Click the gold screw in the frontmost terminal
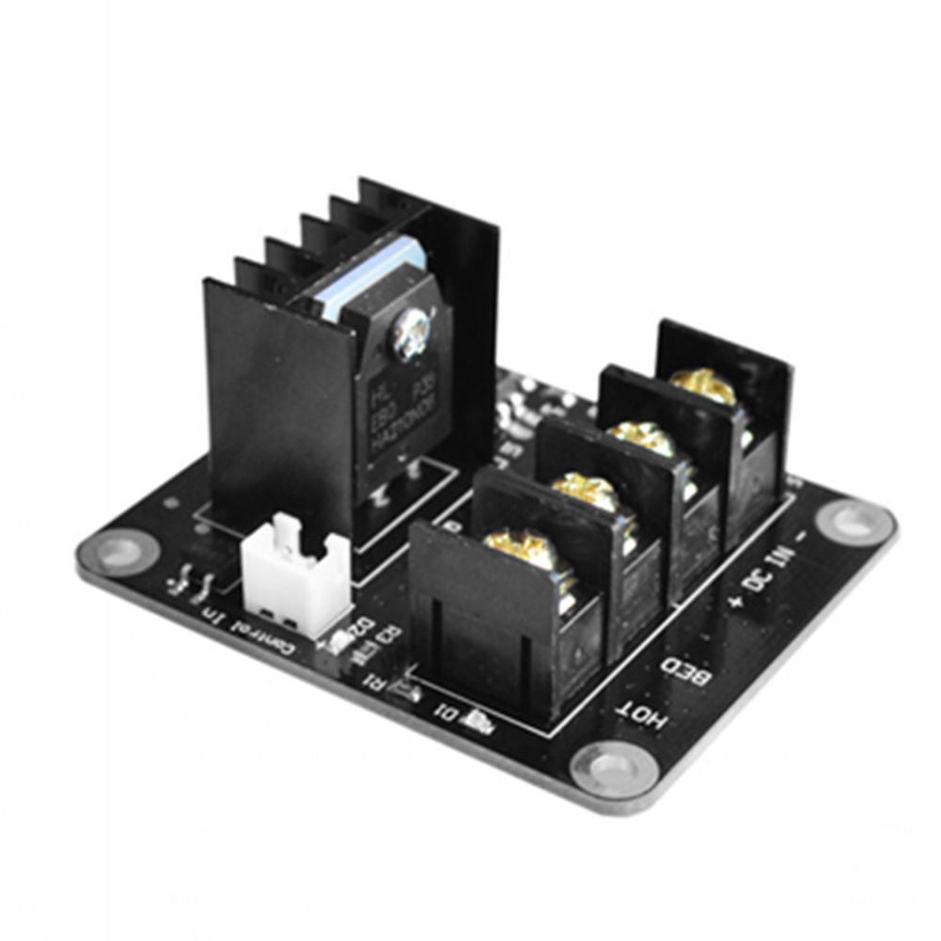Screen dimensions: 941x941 pyautogui.click(x=515, y=550)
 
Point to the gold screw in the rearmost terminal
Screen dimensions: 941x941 pyautogui.click(x=703, y=386)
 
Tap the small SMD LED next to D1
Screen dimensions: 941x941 pyautogui.click(x=477, y=721)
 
